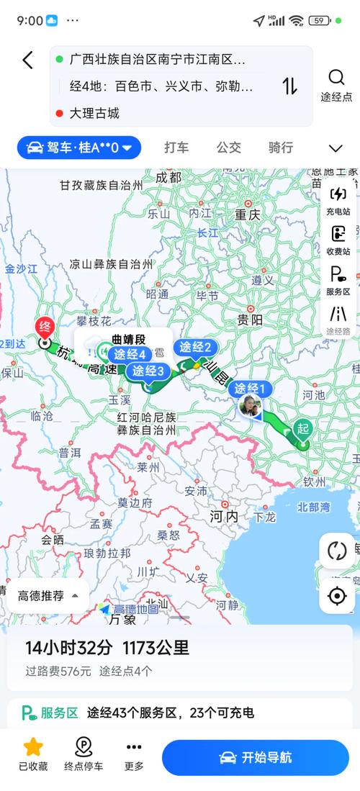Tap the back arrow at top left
pos(27,60)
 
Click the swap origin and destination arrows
pos(289,86)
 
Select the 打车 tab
pos(176,148)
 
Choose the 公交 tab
pos(228,148)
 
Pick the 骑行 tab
pos(281,148)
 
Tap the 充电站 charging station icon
pos(338,194)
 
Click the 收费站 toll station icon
pos(338,235)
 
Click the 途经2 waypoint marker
pos(195,348)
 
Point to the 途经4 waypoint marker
pos(129,354)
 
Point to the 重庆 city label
pos(246,214)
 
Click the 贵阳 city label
pos(250,320)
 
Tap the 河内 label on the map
pos(224,516)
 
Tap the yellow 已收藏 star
pos(33,746)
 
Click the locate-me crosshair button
pos(336,596)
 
